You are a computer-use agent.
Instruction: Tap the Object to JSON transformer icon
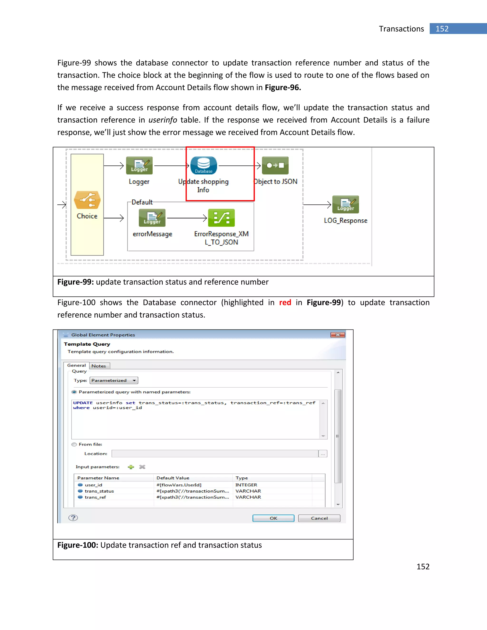point(275,165)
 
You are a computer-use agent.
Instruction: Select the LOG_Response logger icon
point(345,204)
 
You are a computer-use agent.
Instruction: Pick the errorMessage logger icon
point(152,218)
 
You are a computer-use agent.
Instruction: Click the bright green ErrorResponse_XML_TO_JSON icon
point(221,218)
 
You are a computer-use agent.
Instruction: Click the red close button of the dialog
point(338,335)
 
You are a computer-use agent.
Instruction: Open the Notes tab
point(99,366)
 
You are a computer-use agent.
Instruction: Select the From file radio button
point(74,445)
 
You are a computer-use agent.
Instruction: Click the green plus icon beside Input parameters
point(131,467)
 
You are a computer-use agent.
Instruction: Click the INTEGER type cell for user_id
point(246,485)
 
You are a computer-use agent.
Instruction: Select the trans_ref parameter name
point(95,497)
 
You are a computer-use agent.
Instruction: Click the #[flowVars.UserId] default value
point(179,485)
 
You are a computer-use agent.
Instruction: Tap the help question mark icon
point(73,518)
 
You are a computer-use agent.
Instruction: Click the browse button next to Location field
point(323,454)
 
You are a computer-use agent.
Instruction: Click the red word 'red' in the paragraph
point(285,303)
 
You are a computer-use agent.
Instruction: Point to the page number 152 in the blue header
point(442,29)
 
